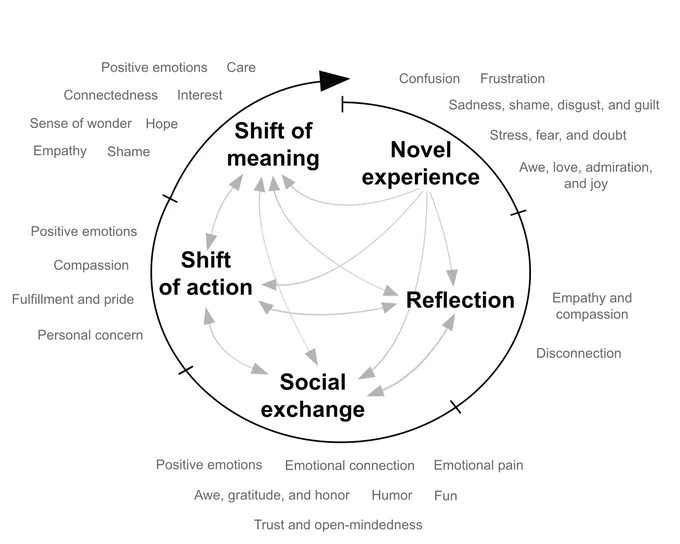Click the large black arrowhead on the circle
[333, 80]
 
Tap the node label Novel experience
[421, 163]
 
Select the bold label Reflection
[460, 300]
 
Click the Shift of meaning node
[273, 144]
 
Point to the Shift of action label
[206, 273]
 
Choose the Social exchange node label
[313, 396]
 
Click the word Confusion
[429, 79]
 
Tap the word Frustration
[512, 79]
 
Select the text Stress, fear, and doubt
[558, 135]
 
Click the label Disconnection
[579, 353]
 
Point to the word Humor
[392, 495]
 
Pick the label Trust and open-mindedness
[338, 525]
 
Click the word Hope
[162, 124]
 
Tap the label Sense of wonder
[80, 123]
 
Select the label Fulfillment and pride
[73, 299]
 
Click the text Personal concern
[90, 335]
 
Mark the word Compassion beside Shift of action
[91, 265]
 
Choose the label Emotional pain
[478, 465]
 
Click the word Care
[241, 67]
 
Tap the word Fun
[445, 495]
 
